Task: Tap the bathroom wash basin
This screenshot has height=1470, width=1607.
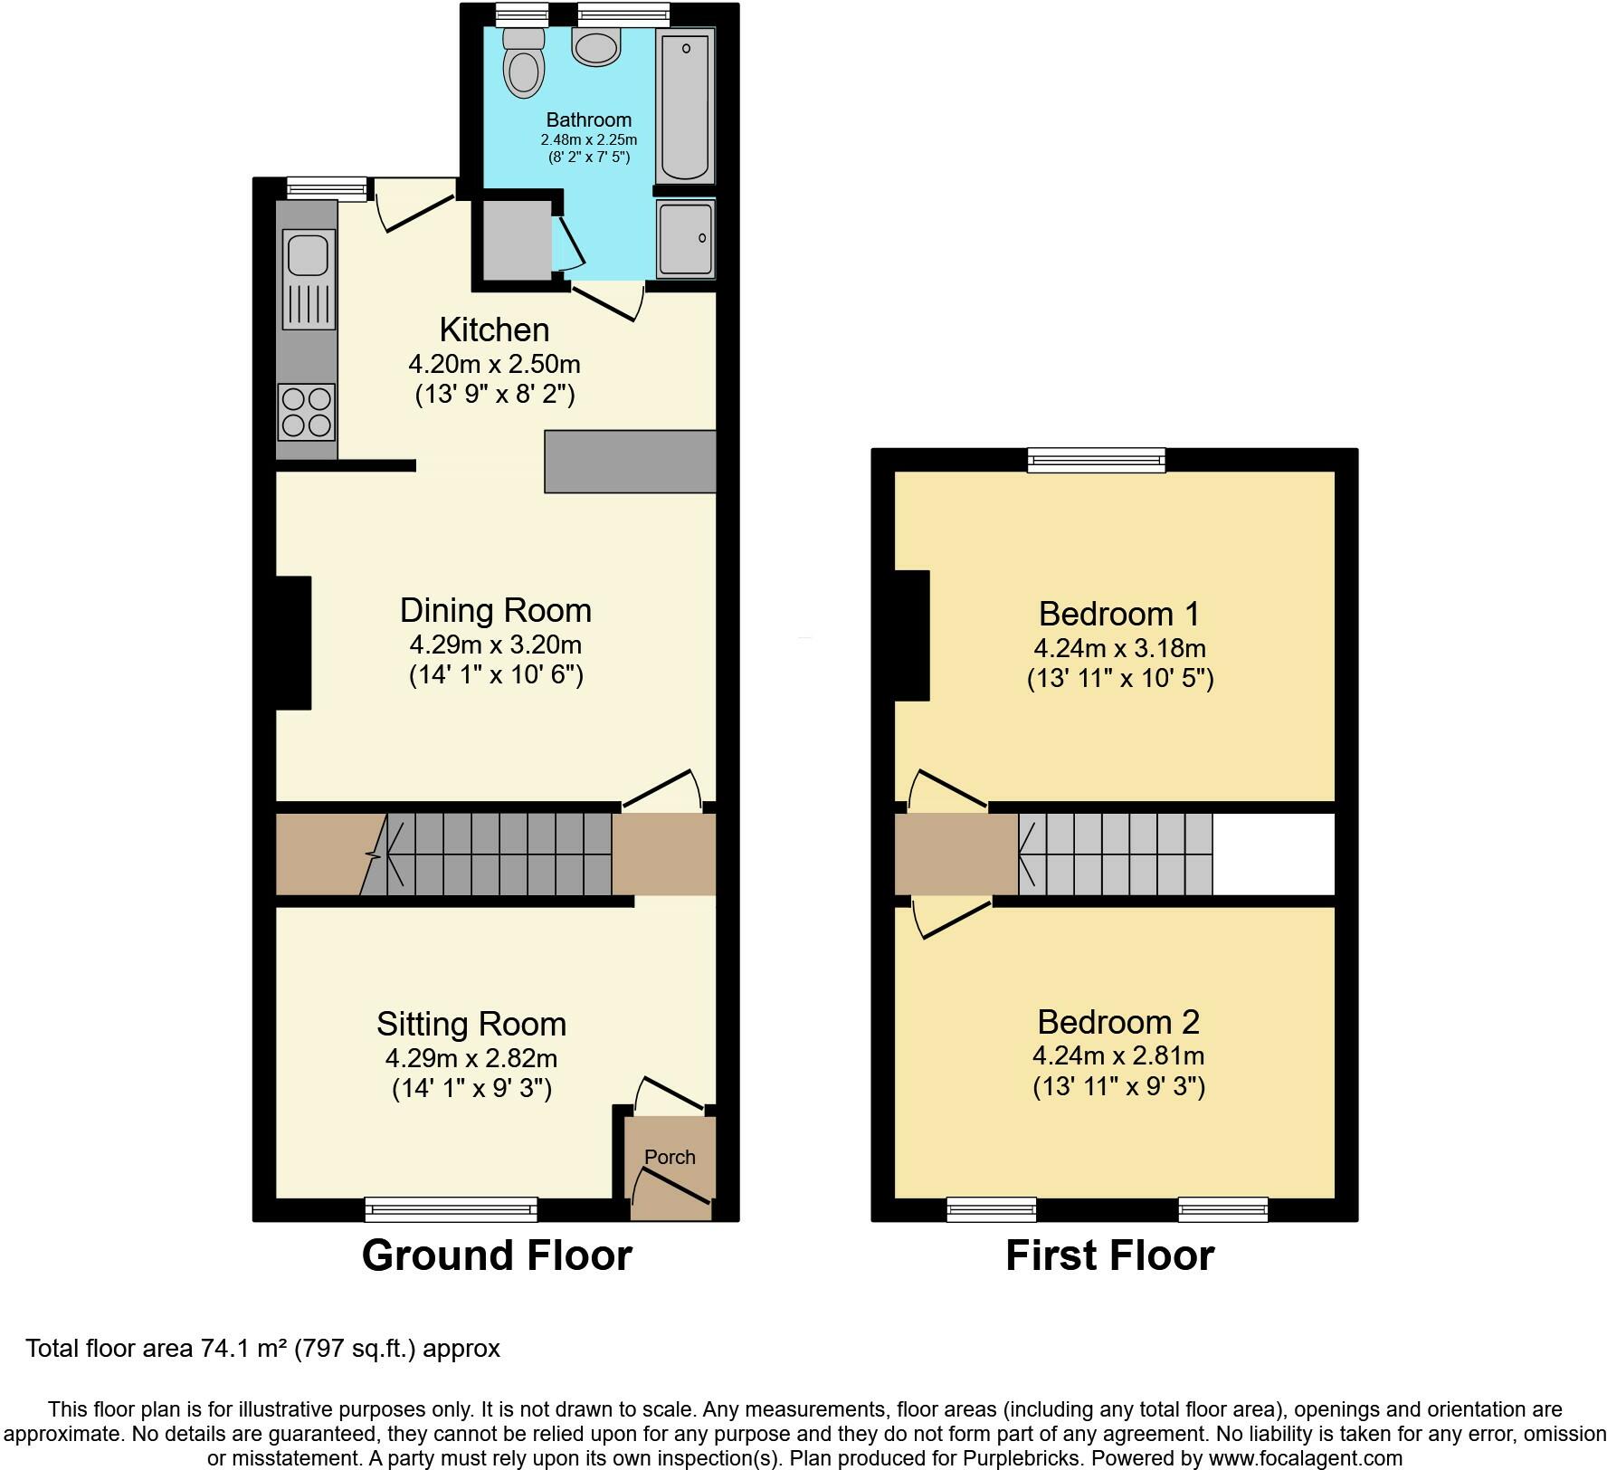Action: point(595,46)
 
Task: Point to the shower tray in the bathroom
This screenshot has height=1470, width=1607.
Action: point(685,238)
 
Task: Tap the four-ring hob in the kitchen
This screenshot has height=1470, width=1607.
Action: point(307,412)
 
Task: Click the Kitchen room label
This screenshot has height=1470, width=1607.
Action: point(494,329)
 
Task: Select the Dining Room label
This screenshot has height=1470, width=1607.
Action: point(495,610)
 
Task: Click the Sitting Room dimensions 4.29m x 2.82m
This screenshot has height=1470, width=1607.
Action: point(471,1057)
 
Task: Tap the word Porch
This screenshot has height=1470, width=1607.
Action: point(670,1157)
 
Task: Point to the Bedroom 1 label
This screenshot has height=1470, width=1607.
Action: point(1118,614)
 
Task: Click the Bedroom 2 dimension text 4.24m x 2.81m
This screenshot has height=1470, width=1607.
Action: point(1117,1055)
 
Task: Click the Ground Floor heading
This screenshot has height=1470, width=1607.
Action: point(496,1256)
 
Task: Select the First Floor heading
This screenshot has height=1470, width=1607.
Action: point(1109,1256)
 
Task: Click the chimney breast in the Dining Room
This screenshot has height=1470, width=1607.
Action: point(293,643)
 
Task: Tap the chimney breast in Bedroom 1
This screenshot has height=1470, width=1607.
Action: point(912,635)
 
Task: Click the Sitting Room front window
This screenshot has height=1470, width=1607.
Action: point(451,1208)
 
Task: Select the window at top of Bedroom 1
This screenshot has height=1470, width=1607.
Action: point(1096,460)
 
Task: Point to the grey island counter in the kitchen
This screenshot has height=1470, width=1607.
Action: point(630,462)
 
